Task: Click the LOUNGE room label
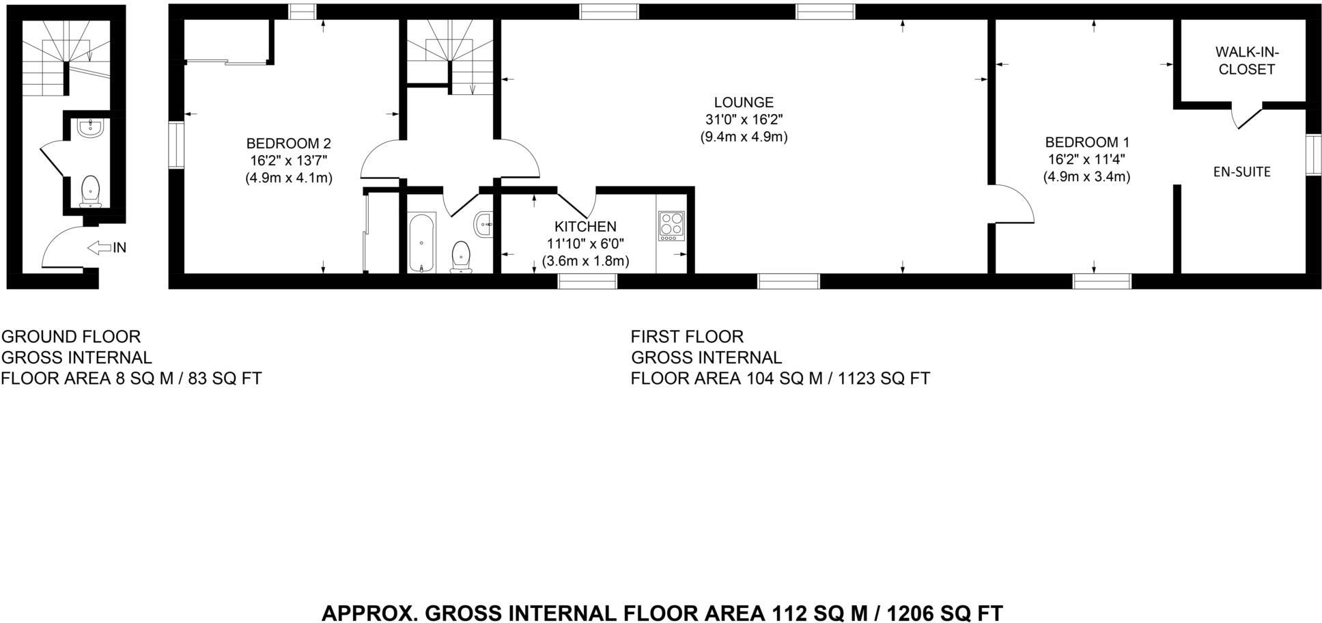click(743, 102)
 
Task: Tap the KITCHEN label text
click(585, 227)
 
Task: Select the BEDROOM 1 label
click(1086, 143)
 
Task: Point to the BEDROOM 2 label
click(288, 143)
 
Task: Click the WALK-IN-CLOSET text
click(1246, 61)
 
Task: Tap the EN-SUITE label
click(1241, 172)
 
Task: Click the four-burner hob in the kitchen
click(671, 226)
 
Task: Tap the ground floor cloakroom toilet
click(91, 190)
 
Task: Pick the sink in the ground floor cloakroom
click(89, 128)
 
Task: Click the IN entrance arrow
click(100, 247)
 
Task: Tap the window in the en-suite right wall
click(1312, 154)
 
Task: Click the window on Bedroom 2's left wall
click(176, 145)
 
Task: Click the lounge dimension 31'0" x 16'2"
click(743, 120)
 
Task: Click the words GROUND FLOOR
click(71, 337)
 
